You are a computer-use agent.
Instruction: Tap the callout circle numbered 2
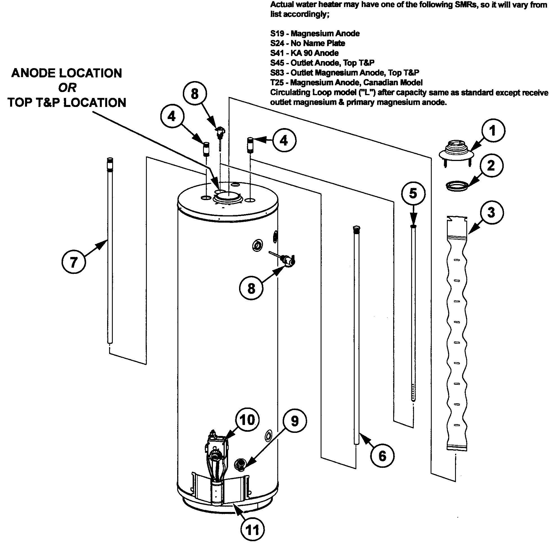click(491, 166)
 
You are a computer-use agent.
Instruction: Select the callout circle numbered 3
click(491, 212)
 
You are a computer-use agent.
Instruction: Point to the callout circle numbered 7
click(74, 262)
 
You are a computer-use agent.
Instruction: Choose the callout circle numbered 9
click(294, 421)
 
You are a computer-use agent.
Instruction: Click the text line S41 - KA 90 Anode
click(304, 53)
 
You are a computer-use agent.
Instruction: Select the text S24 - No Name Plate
click(308, 43)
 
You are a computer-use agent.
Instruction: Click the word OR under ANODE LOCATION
click(67, 88)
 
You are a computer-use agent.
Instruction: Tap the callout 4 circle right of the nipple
click(284, 140)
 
